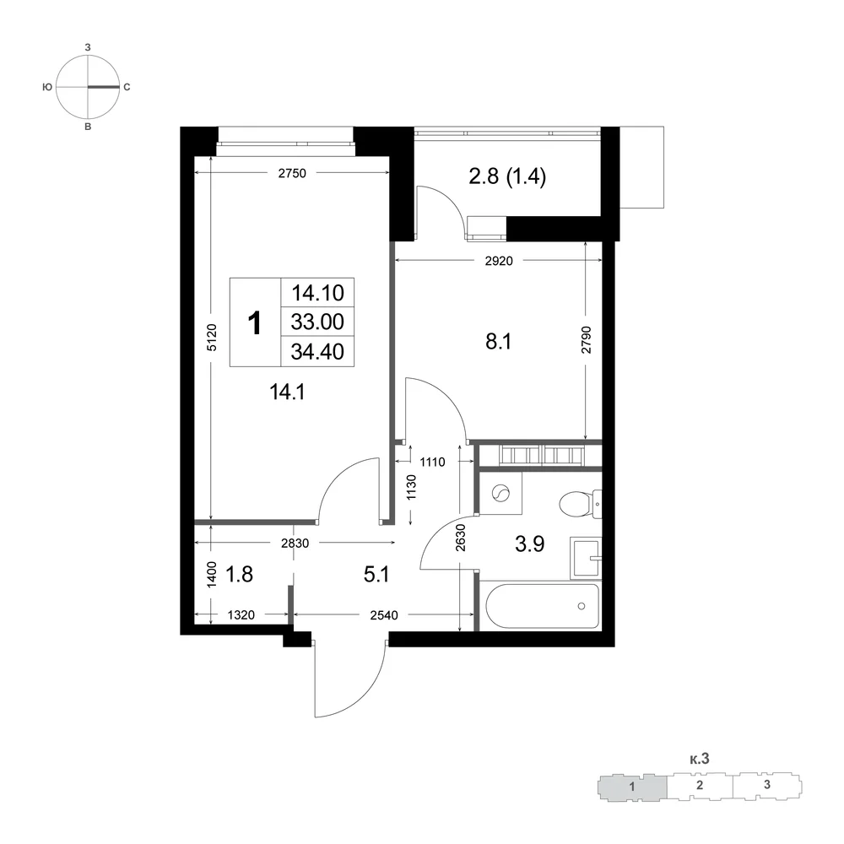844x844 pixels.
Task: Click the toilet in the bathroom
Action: point(580,505)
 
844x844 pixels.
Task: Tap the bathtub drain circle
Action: point(582,606)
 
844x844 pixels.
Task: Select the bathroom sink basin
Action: point(586,558)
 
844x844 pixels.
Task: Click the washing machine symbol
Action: point(500,493)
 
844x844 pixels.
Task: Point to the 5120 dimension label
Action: point(212,338)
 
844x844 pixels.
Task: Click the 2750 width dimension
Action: point(292,173)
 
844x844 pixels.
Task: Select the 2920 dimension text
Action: point(499,261)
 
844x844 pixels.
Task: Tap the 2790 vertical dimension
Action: point(587,339)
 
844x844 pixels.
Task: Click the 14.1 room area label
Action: point(287,392)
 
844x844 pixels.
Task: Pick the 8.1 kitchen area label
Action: point(499,341)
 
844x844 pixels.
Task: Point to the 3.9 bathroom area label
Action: point(530,544)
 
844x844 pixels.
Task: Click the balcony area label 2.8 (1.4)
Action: point(507,176)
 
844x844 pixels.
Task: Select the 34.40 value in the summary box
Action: point(317,351)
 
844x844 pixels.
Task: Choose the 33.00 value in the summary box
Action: point(317,322)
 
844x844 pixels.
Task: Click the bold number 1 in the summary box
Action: point(255,323)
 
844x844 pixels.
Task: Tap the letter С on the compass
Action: point(127,87)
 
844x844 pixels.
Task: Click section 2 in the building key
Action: point(699,785)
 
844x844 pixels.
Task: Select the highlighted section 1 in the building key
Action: point(632,787)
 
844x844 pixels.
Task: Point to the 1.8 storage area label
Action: point(239,574)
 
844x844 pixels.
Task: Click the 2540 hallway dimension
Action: point(384,614)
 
